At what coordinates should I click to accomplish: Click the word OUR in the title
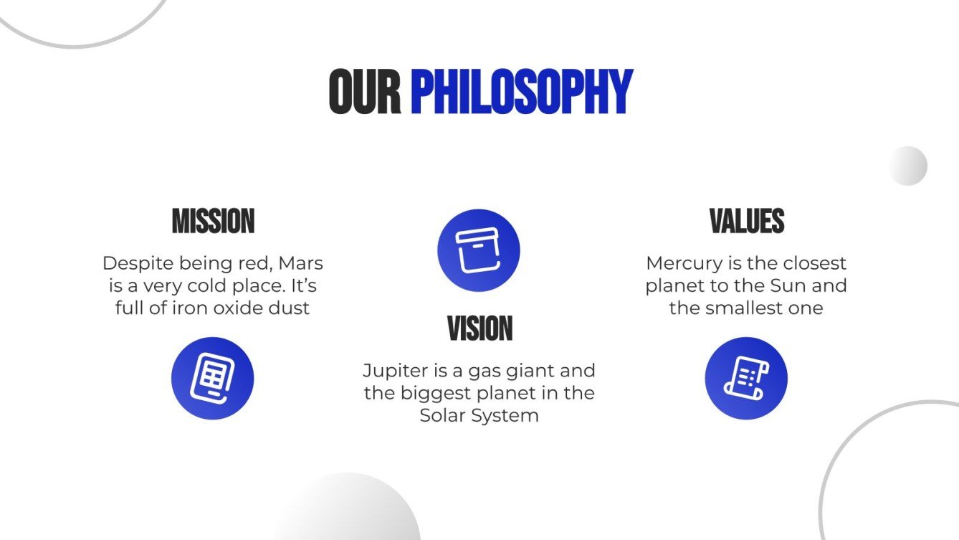point(364,93)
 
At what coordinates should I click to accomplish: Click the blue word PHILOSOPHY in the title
point(521,93)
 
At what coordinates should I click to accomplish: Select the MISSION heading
point(213,222)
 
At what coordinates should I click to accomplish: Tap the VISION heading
point(479,329)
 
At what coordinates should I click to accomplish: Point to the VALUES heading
point(746,222)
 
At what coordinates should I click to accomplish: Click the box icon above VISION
point(479,250)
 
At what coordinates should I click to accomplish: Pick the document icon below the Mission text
point(212,378)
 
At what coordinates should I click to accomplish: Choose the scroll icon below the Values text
point(746,378)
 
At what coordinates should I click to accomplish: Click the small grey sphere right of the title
point(908,166)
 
